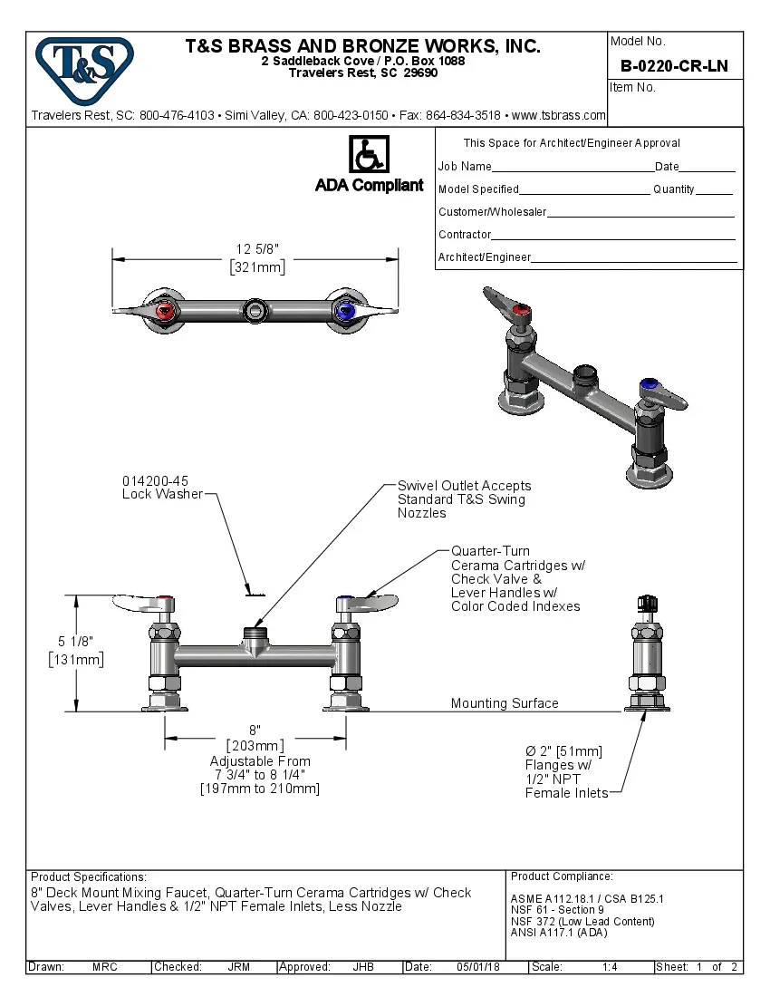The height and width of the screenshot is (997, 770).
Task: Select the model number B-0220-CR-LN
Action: (674, 66)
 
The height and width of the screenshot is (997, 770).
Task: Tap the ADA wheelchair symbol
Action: (369, 155)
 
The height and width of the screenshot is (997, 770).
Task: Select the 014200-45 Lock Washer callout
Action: (162, 488)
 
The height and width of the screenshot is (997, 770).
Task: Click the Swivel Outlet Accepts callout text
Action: (464, 499)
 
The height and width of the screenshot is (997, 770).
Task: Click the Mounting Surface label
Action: (505, 703)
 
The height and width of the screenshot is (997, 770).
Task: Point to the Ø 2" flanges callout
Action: (563, 772)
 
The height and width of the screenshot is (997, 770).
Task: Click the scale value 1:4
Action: (610, 967)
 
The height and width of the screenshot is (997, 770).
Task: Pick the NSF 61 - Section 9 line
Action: (557, 910)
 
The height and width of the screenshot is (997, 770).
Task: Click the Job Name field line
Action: (572, 167)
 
